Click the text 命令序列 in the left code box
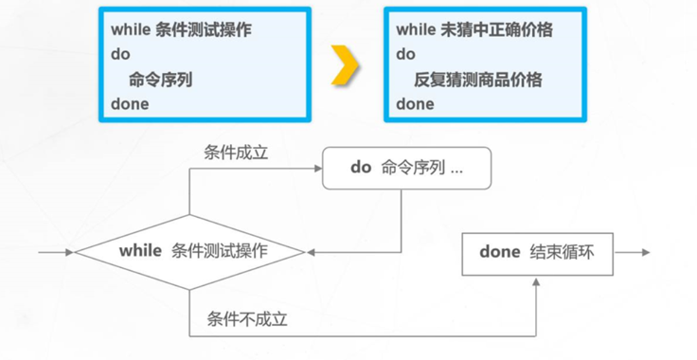click(x=159, y=80)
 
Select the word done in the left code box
click(x=130, y=104)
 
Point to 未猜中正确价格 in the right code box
click(x=492, y=30)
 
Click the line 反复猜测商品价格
click(x=478, y=80)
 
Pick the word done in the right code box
click(x=415, y=104)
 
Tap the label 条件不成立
click(x=247, y=319)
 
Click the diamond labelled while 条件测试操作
click(x=190, y=252)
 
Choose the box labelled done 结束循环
click(x=537, y=252)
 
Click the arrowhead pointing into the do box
click(x=317, y=168)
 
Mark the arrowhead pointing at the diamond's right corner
click(x=312, y=252)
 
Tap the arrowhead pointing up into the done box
click(x=537, y=281)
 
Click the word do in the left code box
click(x=119, y=55)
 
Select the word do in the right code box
click(x=405, y=55)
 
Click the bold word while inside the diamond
click(x=141, y=252)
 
